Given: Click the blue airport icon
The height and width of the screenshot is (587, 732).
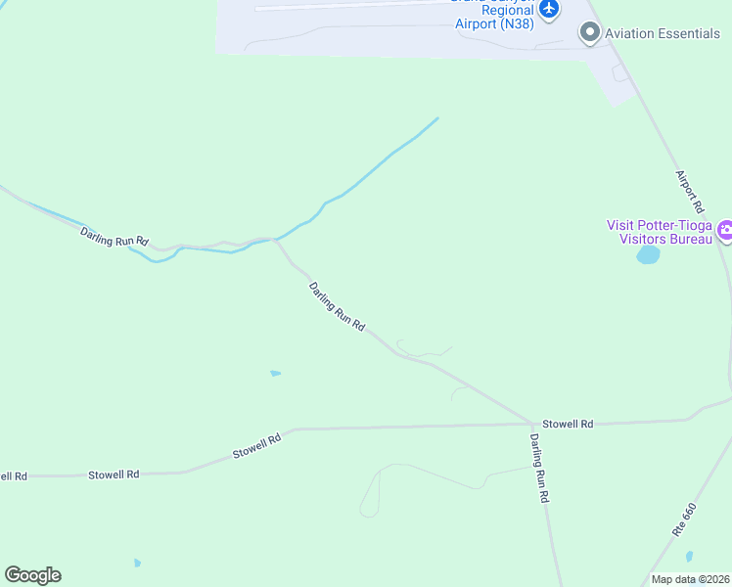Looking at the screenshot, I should pyautogui.click(x=549, y=8).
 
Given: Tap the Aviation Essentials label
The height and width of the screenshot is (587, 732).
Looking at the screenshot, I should pyautogui.click(x=663, y=34).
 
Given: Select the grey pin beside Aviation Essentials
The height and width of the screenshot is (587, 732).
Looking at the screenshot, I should pyautogui.click(x=589, y=34).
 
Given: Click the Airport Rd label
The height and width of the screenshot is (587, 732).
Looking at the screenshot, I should pyautogui.click(x=690, y=192).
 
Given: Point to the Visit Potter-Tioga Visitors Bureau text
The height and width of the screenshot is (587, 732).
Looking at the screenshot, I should pyautogui.click(x=661, y=232).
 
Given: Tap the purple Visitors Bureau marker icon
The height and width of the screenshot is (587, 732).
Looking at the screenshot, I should pyautogui.click(x=725, y=232).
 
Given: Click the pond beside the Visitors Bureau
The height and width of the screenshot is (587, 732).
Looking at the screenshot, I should pyautogui.click(x=648, y=255).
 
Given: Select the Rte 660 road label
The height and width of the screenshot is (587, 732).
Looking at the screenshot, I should pyautogui.click(x=684, y=518).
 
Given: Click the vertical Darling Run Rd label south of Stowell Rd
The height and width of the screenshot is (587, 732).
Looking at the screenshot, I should pyautogui.click(x=538, y=469).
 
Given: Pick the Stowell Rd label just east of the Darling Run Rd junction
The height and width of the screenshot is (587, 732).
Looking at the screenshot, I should pyautogui.click(x=569, y=424).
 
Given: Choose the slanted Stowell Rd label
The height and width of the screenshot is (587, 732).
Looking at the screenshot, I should pyautogui.click(x=257, y=447).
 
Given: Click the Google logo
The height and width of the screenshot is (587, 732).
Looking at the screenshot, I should pyautogui.click(x=32, y=575).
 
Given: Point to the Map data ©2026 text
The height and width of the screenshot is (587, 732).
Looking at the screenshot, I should pyautogui.click(x=689, y=579).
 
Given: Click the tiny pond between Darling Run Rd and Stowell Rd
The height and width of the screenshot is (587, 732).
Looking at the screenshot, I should pyautogui.click(x=275, y=373).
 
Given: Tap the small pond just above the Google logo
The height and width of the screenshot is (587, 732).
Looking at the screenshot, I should pyautogui.click(x=137, y=564).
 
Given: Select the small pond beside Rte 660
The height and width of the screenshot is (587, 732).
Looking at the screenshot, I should pyautogui.click(x=689, y=556).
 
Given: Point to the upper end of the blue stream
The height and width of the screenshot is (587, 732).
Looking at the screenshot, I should pyautogui.click(x=436, y=119).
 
